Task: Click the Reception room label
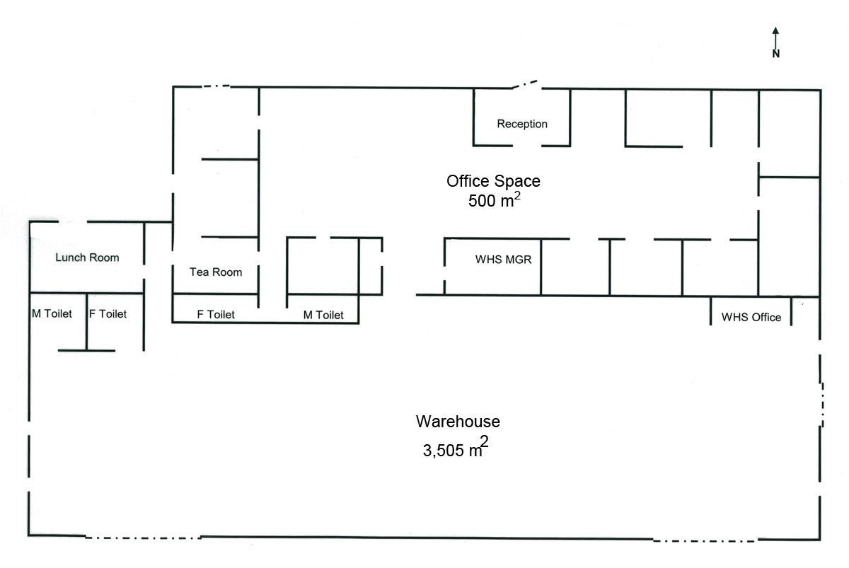point(522,124)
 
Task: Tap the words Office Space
point(493,181)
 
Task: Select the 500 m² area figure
point(495,199)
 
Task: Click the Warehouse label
point(458,422)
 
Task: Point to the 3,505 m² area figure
point(456,447)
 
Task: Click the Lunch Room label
point(87,257)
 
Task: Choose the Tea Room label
point(216,272)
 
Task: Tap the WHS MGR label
point(503,260)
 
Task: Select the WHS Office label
point(751,317)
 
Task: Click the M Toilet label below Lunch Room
point(52,314)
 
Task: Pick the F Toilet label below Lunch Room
point(108,314)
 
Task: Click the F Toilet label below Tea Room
point(216,315)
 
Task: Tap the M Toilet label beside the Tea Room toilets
point(323,315)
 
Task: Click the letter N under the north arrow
point(776,54)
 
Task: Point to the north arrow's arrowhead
point(775,30)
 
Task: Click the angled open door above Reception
point(525,84)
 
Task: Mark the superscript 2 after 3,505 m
point(484,441)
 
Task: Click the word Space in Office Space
point(517,182)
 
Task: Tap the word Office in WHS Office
point(766,317)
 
